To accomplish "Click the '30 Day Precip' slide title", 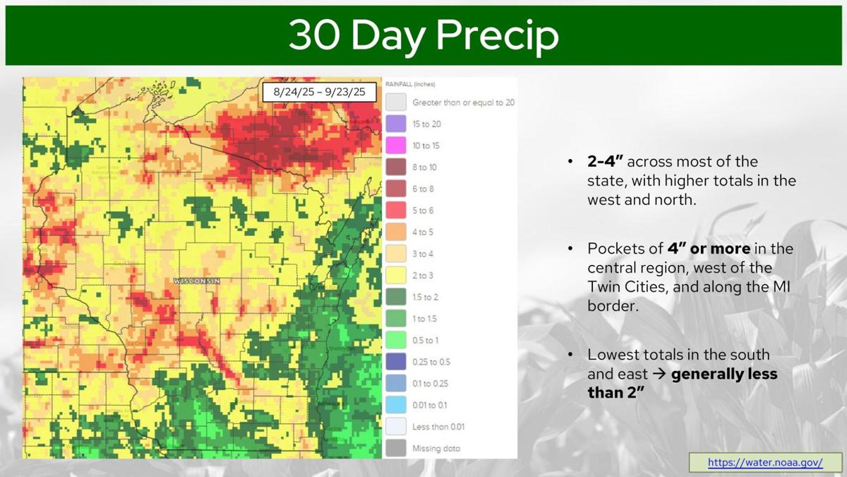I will [x=423, y=35].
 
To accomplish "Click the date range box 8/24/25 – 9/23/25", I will [x=319, y=93].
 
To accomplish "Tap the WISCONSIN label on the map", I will [x=197, y=281].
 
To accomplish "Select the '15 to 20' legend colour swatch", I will [x=396, y=124].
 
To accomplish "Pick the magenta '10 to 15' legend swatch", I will [x=396, y=146].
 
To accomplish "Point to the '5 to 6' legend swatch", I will [x=396, y=211].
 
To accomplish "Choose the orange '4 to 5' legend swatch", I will [x=396, y=232].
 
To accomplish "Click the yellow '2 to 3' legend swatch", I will [x=396, y=276].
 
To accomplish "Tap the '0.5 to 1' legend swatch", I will [x=396, y=340].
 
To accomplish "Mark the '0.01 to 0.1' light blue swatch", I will [x=396, y=405].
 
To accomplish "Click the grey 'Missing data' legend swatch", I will [x=396, y=448].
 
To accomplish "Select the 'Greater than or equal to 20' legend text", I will [x=463, y=102].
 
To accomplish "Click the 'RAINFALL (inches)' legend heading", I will [x=410, y=84].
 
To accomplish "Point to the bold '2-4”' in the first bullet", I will [x=605, y=162].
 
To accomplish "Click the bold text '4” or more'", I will [x=709, y=249].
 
